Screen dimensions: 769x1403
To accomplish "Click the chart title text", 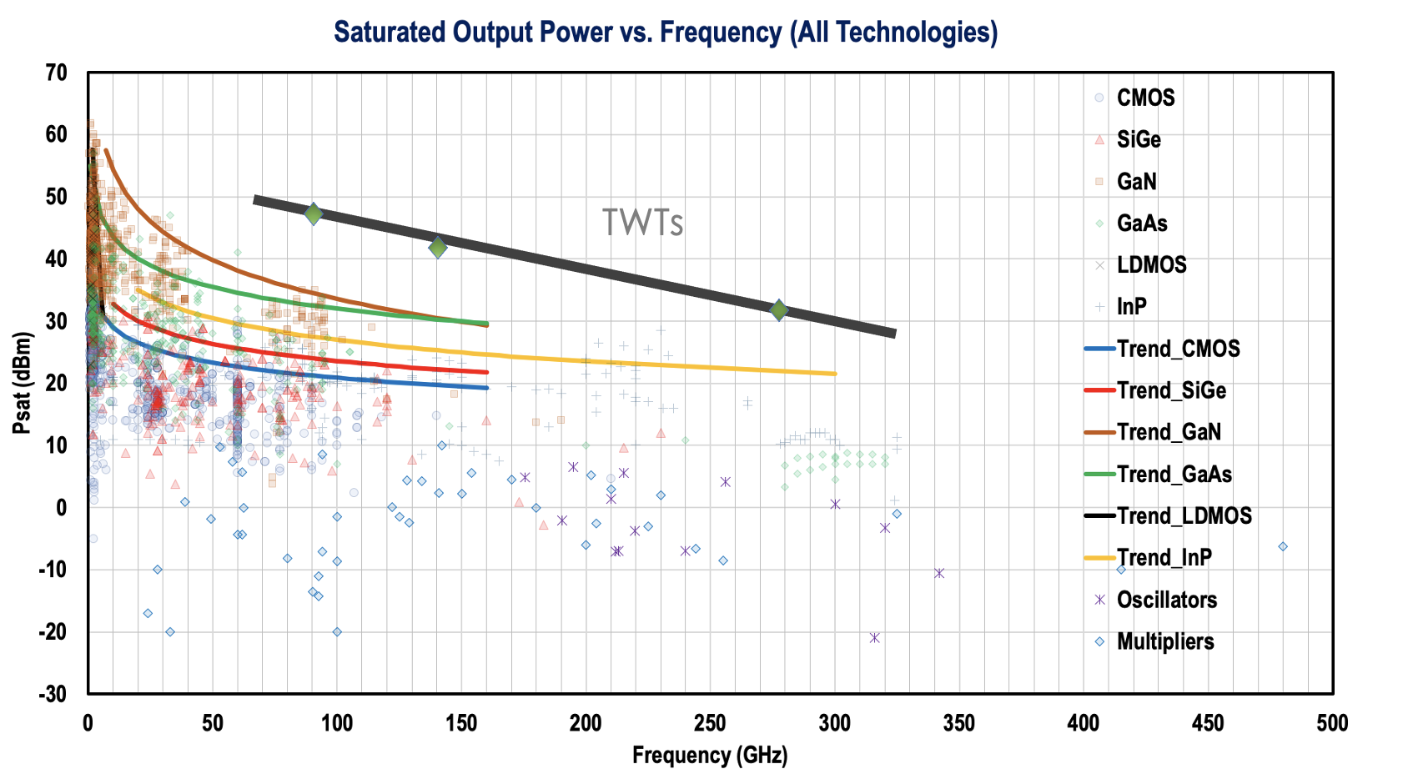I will pos(666,33).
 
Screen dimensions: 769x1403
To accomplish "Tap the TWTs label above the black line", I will pos(642,223).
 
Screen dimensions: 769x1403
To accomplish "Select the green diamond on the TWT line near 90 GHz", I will pos(314,214).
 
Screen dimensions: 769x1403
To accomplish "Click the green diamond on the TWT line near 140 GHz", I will pos(438,247).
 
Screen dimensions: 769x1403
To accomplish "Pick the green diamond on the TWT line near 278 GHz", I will pos(779,310).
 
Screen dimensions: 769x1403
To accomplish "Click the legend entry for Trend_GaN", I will pos(1169,432).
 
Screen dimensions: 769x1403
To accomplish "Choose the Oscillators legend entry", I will pos(1166,600).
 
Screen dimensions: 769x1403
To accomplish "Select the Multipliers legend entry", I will pos(1164,641).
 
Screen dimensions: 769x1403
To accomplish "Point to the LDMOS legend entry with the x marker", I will pos(1151,265).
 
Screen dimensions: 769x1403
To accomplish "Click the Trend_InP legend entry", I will pos(1164,557).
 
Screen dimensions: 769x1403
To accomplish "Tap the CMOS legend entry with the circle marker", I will pos(1145,98).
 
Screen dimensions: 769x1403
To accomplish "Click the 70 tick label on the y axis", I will pos(56,73).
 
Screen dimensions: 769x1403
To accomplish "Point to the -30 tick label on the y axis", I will pos(53,694).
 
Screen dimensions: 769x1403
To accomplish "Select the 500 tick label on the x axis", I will pos(1332,723).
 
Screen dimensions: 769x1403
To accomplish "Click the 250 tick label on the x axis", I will pos(711,723).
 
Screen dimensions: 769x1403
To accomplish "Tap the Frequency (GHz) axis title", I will pos(709,755).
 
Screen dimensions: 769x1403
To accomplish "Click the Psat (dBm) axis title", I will pos(22,383).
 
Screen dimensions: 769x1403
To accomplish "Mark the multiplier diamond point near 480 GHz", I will pos(1283,547).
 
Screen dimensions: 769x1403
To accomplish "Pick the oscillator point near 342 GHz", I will pos(939,573).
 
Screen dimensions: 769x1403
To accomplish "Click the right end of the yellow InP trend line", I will pos(834,373).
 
